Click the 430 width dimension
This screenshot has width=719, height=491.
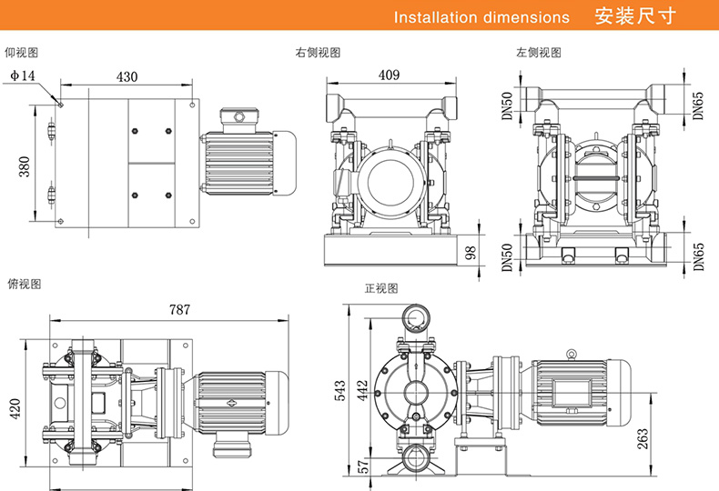pos(127,77)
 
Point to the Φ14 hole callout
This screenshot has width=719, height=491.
pos(23,76)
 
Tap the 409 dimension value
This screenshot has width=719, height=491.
pos(389,75)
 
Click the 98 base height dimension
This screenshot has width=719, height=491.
pos(471,252)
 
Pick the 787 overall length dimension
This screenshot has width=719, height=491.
pos(179,309)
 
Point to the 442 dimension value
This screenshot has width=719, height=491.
pos(360,390)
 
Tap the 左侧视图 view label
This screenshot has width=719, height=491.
pos(539,54)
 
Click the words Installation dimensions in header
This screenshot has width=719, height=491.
pos(481,17)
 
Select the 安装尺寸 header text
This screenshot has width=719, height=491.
pos(633,16)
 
